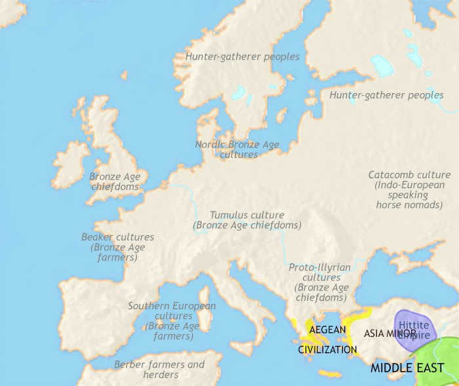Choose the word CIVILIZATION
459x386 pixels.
click(327, 349)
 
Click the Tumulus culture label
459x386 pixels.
click(247, 215)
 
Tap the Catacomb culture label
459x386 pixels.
click(409, 175)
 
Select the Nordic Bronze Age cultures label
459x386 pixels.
click(237, 149)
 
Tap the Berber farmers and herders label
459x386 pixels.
click(160, 370)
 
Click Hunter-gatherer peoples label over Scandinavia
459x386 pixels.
click(242, 57)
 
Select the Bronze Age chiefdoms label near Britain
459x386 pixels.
click(115, 182)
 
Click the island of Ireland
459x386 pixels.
click(70, 164)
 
